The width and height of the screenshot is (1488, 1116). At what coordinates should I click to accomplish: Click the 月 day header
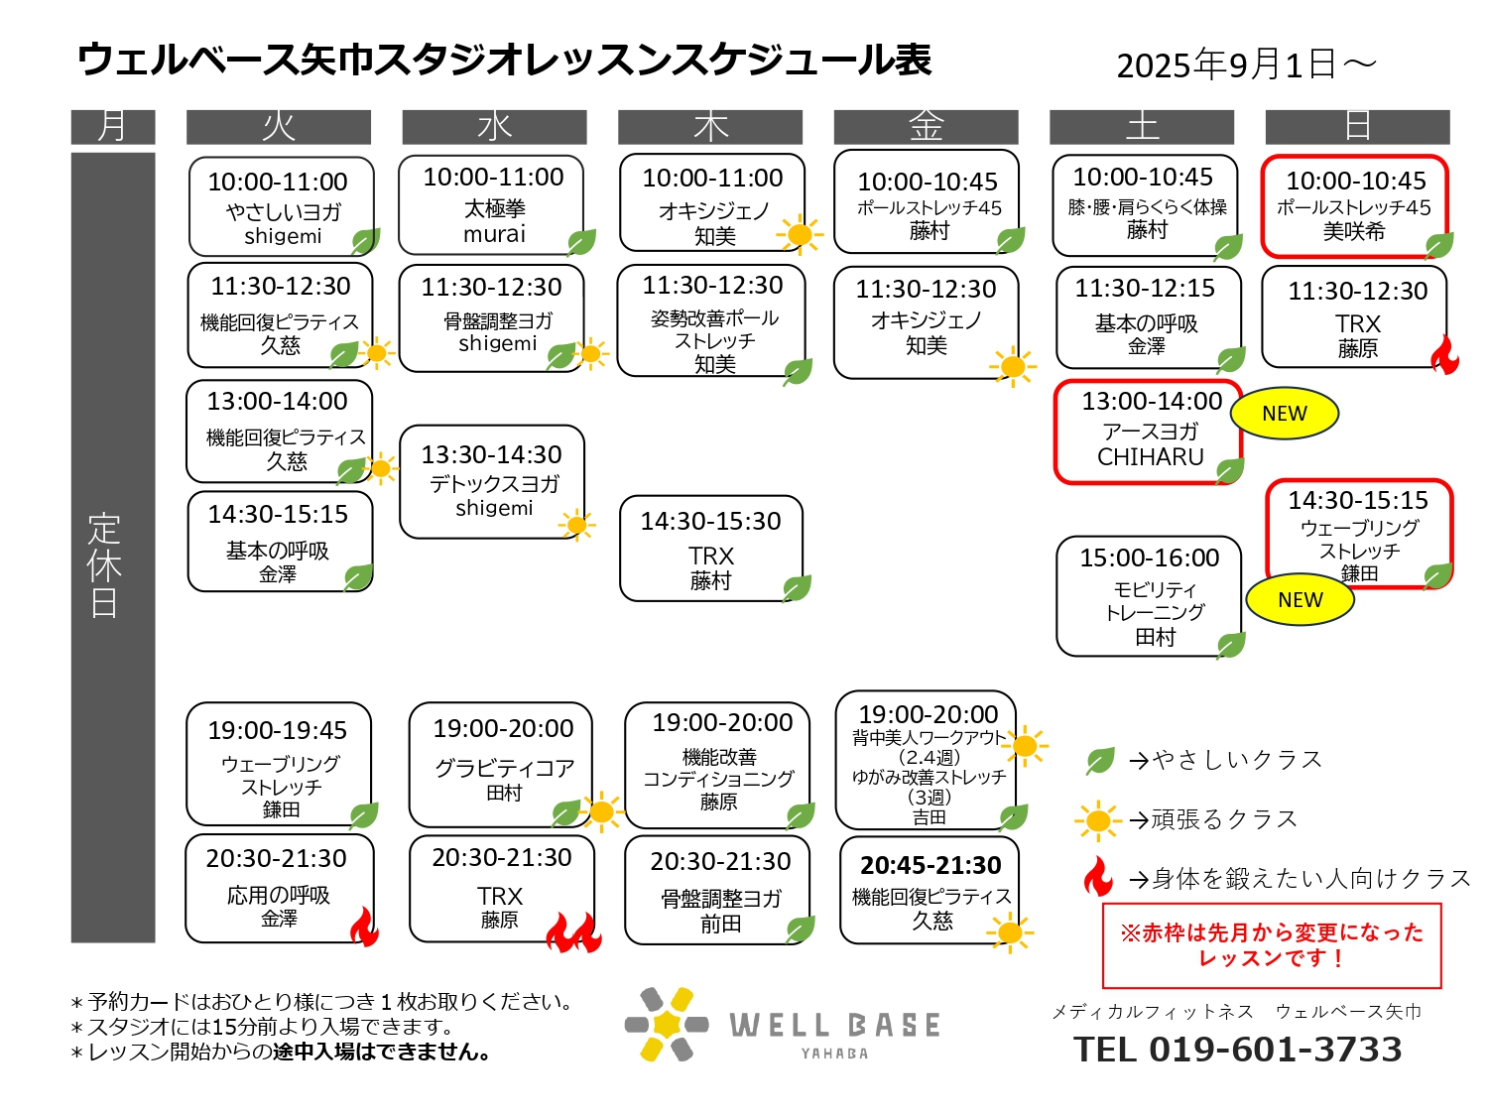(x=112, y=127)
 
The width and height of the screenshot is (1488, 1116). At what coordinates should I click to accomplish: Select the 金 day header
(x=926, y=127)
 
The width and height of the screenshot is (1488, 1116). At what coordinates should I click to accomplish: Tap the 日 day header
(x=1357, y=127)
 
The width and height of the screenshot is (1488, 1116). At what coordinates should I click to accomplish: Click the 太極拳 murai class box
(x=491, y=204)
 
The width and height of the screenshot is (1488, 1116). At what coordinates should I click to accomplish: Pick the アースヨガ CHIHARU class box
(x=1148, y=433)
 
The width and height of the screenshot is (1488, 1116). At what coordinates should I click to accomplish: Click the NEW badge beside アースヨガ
(x=1284, y=413)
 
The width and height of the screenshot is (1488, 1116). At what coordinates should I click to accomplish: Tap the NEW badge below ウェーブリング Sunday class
(x=1300, y=600)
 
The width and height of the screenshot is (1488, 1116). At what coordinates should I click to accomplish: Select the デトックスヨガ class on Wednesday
(x=492, y=482)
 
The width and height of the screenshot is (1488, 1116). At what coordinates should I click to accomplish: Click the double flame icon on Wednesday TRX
(x=574, y=932)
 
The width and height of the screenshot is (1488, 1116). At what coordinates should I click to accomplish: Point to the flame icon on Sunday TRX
(x=1444, y=354)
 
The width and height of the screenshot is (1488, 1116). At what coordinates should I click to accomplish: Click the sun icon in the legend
(x=1097, y=820)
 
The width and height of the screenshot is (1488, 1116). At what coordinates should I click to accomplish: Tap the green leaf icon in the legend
(x=1099, y=761)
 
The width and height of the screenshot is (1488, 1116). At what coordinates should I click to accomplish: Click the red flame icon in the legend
(x=1098, y=877)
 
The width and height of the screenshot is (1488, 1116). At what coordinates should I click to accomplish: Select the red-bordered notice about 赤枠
(x=1272, y=946)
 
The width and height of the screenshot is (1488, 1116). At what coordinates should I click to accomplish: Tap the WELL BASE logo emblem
(x=667, y=1024)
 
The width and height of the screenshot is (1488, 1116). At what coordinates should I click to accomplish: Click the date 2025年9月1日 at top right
(x=1226, y=65)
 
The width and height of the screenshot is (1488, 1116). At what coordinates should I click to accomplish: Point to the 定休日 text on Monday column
(x=105, y=565)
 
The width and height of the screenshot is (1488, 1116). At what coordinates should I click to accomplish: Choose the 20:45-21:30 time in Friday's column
(x=930, y=865)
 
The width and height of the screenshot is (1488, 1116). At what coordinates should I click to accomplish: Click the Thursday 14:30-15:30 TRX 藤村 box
(x=711, y=549)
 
